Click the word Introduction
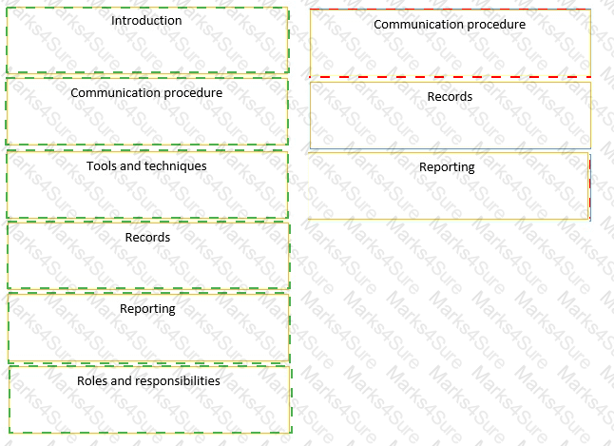pyautogui.click(x=146, y=20)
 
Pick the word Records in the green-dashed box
pyautogui.click(x=147, y=237)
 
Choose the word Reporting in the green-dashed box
pyautogui.click(x=147, y=309)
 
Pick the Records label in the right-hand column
pyautogui.click(x=450, y=96)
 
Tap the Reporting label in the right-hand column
pyautogui.click(x=447, y=167)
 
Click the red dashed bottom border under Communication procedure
pyautogui.click(x=451, y=77)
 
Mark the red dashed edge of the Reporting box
pyautogui.click(x=589, y=187)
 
